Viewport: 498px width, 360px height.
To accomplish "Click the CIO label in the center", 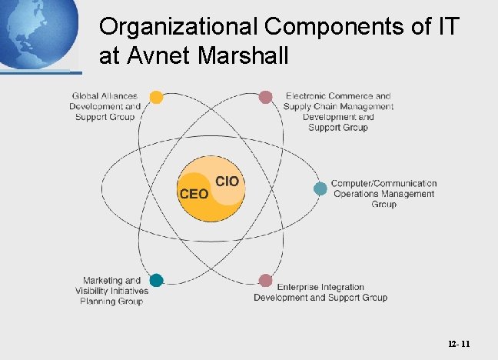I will coord(227,182).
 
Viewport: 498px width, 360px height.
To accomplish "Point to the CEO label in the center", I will coord(194,194).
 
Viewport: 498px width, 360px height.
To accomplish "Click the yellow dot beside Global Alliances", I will coord(156,97).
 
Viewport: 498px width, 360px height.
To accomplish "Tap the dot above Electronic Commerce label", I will coord(265,97).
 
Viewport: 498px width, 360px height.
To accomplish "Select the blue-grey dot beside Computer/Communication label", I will coord(320,188).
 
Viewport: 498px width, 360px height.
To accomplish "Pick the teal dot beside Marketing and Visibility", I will coord(156,280).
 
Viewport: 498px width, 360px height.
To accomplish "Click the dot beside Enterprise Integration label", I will coord(265,280).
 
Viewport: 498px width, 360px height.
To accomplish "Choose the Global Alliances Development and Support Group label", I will coord(105,106).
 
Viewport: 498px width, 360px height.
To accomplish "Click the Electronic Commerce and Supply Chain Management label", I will coord(338,112).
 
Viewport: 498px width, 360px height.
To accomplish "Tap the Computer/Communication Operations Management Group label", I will coord(383,194).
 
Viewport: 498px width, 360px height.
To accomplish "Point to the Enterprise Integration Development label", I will coord(320,292).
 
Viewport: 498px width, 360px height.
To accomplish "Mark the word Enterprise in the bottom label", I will coord(299,287).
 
